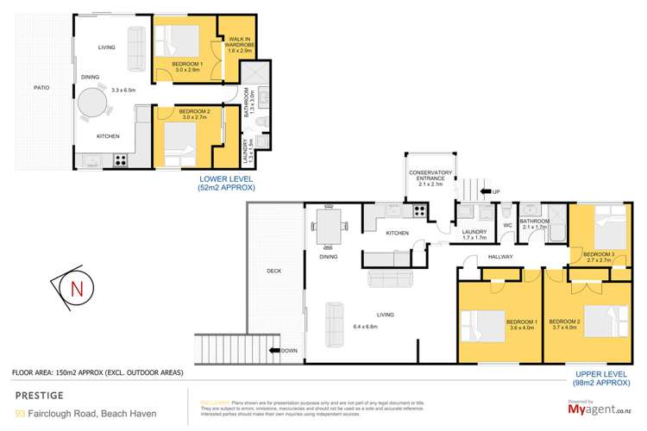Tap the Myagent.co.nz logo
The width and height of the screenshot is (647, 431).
[598, 412]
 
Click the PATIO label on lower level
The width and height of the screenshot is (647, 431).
[41, 87]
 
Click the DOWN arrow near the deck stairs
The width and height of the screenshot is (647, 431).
[285, 350]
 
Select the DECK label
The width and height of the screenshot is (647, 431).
[273, 271]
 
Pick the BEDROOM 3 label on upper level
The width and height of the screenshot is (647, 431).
[599, 253]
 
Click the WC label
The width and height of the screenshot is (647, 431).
[507, 227]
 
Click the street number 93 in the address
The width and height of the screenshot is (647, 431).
[17, 412]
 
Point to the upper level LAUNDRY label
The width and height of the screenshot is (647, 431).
[474, 231]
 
